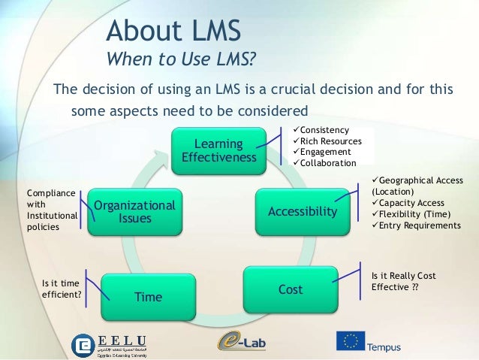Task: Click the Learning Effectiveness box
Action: tap(218, 150)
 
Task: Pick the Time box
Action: tap(149, 296)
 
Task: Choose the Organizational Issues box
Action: tap(134, 211)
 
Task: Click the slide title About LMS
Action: tap(173, 32)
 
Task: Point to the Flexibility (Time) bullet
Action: tap(415, 213)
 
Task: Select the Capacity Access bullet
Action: tap(411, 203)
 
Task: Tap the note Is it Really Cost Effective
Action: tap(404, 281)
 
